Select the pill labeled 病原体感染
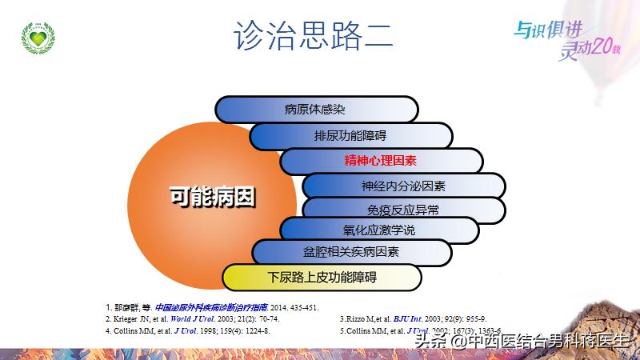(315, 110)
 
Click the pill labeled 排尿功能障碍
(350, 135)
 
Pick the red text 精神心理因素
(381, 161)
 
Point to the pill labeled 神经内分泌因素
(403, 186)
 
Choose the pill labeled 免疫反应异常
(403, 211)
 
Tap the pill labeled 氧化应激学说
(379, 230)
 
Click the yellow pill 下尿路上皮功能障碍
(322, 278)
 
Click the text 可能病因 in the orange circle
(212, 196)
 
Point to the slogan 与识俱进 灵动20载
(565, 38)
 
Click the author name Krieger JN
(132, 318)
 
